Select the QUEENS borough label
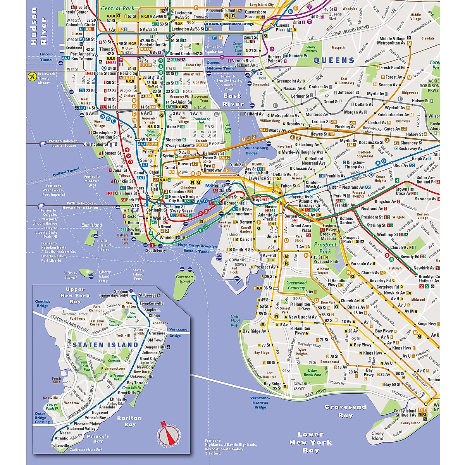pyautogui.click(x=334, y=60)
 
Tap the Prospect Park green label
pyautogui.click(x=325, y=248)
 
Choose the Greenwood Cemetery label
pyautogui.click(x=296, y=285)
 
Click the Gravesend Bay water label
pyautogui.click(x=345, y=411)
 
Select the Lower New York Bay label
pyautogui.click(x=311, y=442)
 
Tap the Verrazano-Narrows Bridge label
pyautogui.click(x=260, y=403)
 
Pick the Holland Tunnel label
pyautogui.click(x=65, y=172)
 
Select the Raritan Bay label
pyautogui.click(x=130, y=421)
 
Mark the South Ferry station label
pyautogui.click(x=156, y=251)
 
